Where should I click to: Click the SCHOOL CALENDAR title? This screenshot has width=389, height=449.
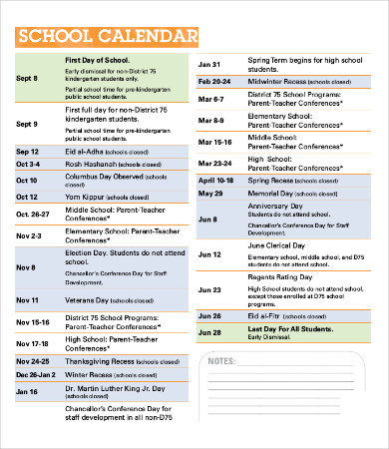[x=108, y=37]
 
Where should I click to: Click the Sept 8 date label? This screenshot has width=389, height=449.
[x=27, y=77]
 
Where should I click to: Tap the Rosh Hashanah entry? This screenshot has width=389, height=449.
[x=107, y=164]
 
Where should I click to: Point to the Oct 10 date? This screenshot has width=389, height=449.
[x=27, y=181]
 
